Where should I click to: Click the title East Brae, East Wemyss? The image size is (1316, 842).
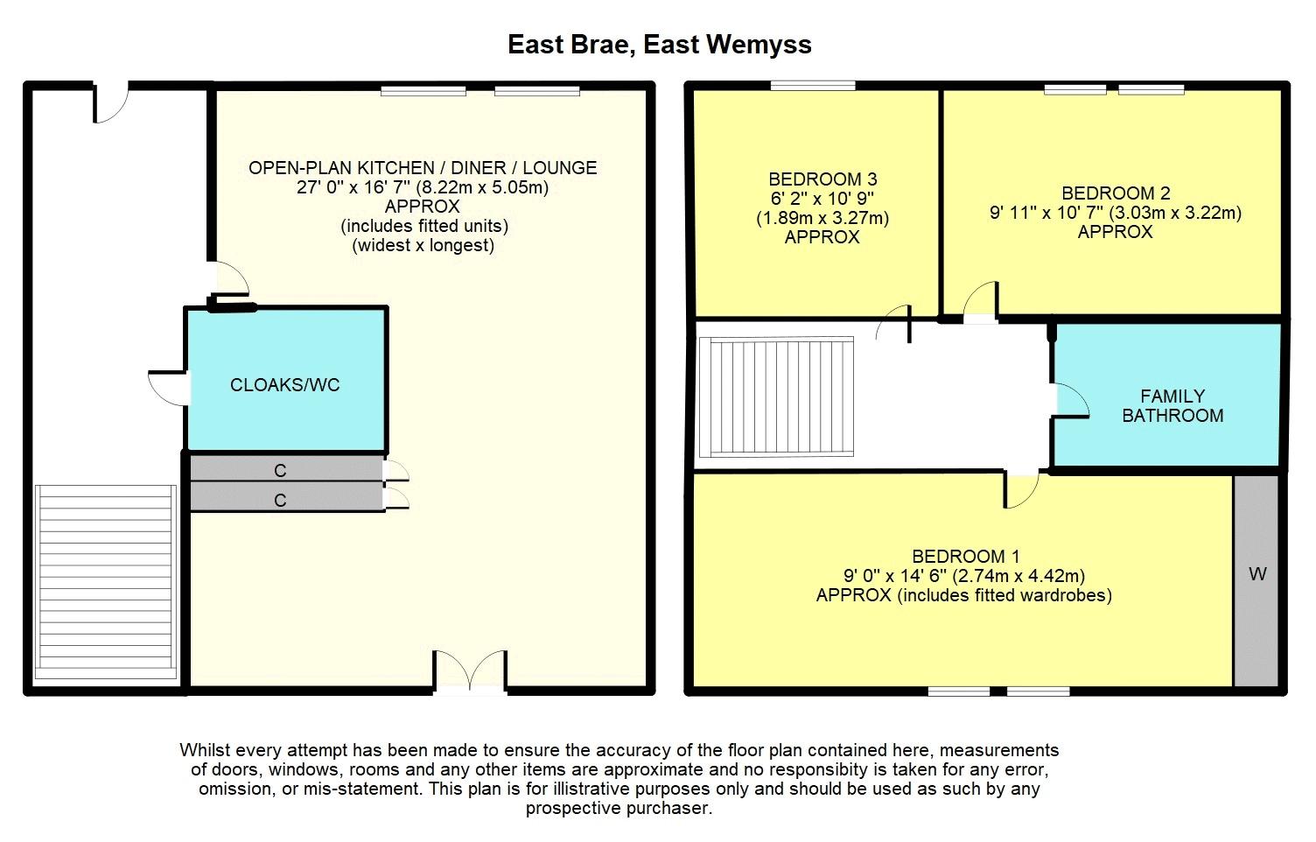659,45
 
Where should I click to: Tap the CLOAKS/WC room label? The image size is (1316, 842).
285,385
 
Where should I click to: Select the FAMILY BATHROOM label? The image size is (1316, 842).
1172,405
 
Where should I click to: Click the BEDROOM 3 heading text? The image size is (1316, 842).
822,179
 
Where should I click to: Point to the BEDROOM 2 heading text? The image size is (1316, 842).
1116,193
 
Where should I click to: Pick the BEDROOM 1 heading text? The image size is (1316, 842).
966,556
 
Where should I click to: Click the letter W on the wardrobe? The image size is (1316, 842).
1257,574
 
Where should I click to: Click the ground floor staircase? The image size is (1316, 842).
106,582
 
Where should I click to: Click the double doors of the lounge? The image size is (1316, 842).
470,670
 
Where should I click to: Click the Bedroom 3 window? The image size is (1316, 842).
813,86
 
